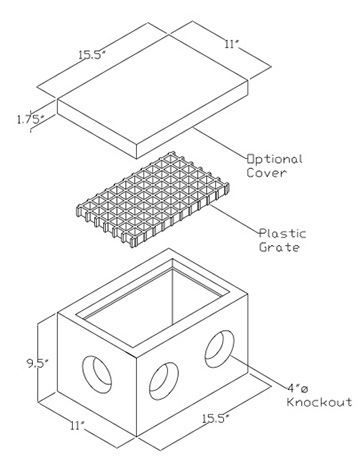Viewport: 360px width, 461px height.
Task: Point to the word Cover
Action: [x=267, y=174]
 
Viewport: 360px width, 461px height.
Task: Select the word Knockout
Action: [x=319, y=401]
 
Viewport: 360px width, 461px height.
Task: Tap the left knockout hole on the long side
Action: [x=159, y=380]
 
